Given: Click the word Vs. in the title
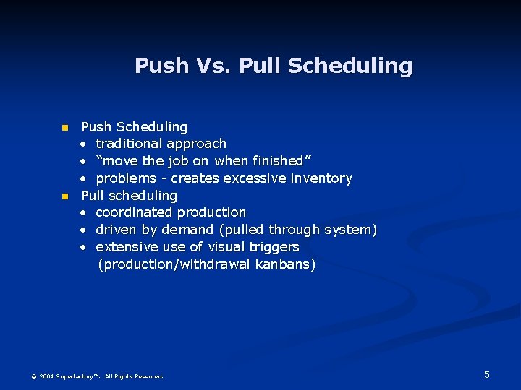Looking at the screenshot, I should point(213,66).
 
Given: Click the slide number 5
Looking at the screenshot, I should point(487,374).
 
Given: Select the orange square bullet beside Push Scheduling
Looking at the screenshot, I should point(64,128).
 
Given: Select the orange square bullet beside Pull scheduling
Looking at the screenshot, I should point(64,196).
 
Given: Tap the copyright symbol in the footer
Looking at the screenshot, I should point(33,376).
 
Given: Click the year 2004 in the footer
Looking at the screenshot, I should point(46,376).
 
